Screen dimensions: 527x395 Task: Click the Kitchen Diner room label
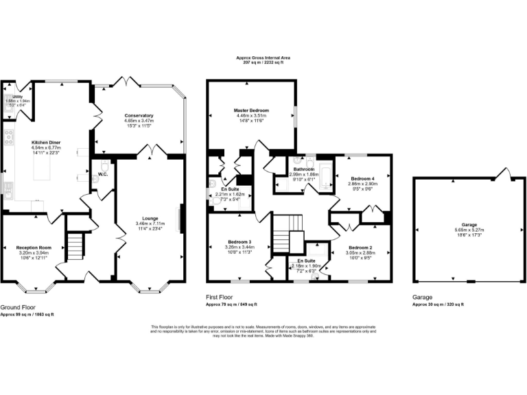coord(47,141)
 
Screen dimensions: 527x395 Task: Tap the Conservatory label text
coord(139,115)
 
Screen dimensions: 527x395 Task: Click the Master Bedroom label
coord(250,110)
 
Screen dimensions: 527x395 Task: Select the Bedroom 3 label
coord(240,241)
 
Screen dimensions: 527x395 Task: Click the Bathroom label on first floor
coord(303,169)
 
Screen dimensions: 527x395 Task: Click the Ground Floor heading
coord(18,308)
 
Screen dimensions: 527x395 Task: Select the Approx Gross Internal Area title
coord(263,58)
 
